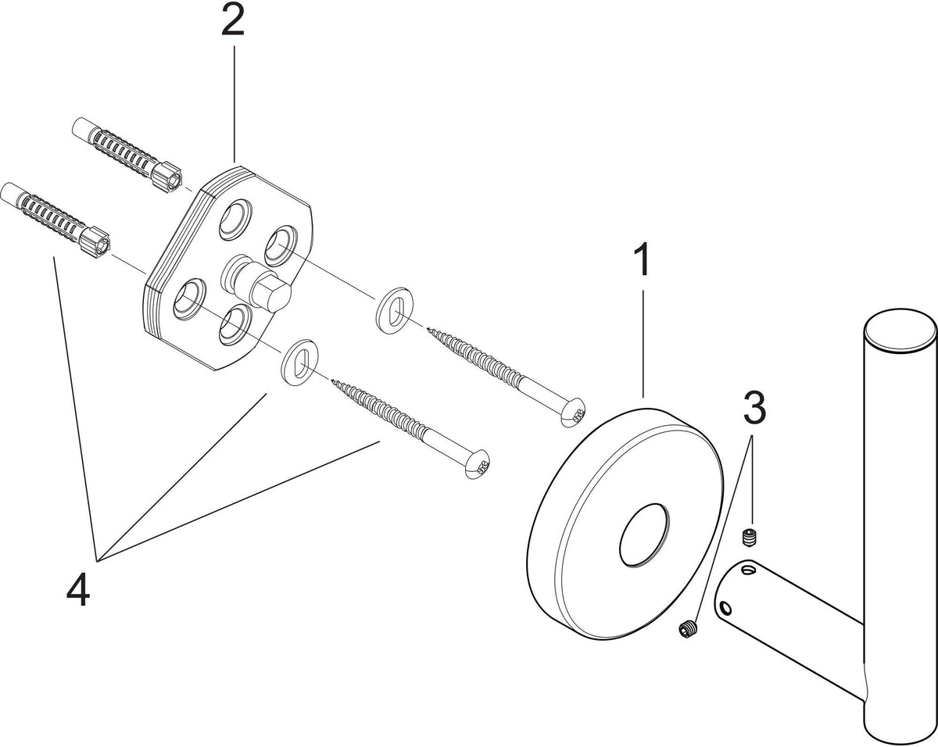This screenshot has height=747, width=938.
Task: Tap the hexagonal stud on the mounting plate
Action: click(257, 284)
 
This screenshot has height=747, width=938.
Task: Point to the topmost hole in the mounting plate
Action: click(235, 220)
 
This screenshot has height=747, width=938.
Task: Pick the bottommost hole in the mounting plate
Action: click(235, 325)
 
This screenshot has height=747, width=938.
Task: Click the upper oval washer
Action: click(395, 311)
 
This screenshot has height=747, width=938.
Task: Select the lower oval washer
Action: click(300, 361)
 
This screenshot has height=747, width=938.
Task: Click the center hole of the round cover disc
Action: click(644, 535)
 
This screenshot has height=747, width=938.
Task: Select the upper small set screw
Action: click(750, 536)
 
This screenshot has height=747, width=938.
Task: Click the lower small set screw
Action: click(689, 630)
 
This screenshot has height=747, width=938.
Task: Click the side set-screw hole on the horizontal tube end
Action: click(725, 606)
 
